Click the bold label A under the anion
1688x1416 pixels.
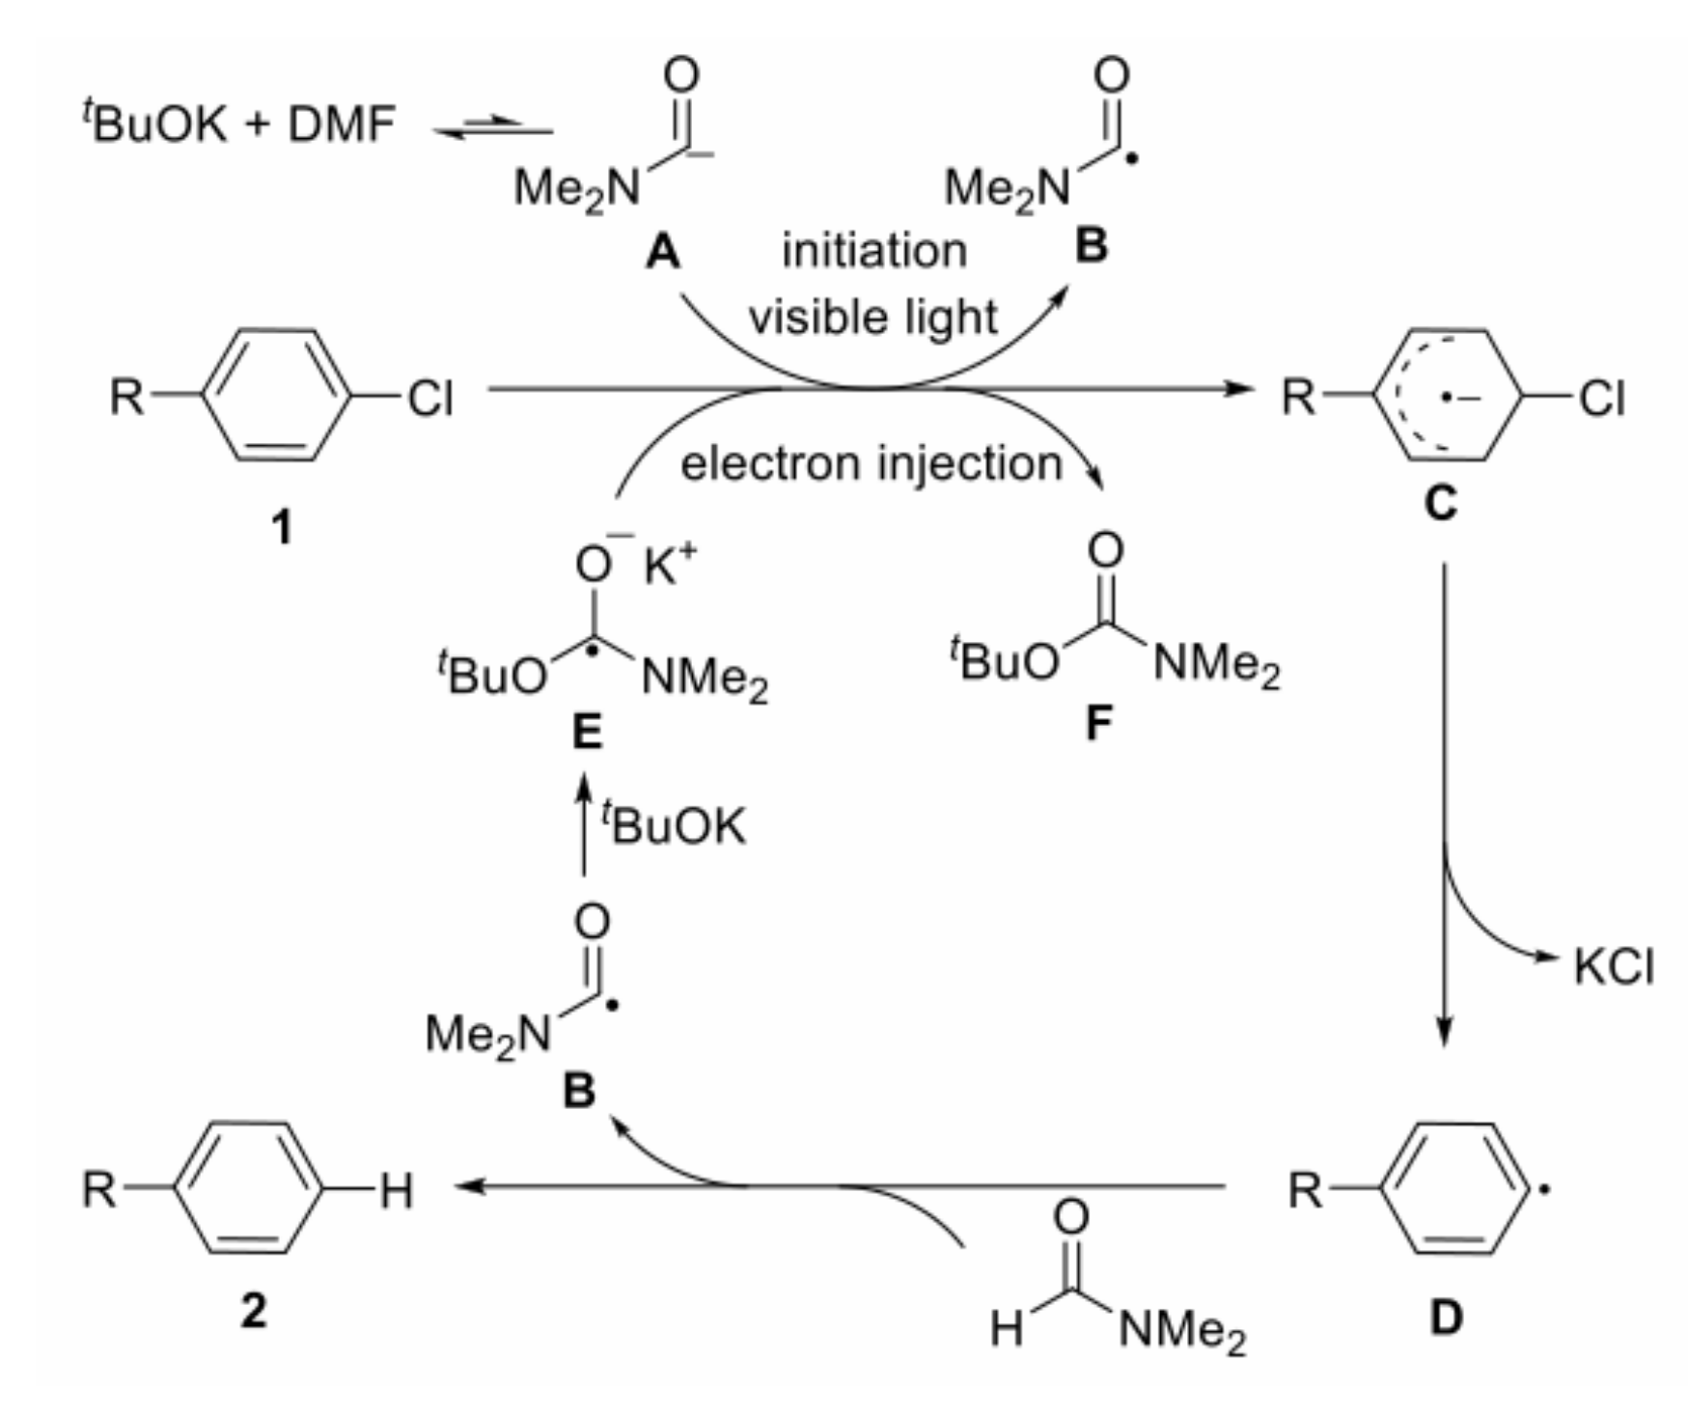pyautogui.click(x=663, y=254)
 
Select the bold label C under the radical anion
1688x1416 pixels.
pyautogui.click(x=1440, y=503)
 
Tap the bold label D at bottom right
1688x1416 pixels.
pyautogui.click(x=1446, y=1317)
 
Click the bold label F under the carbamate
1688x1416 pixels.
pyautogui.click(x=1099, y=722)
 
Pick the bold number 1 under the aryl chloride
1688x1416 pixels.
pyautogui.click(x=281, y=527)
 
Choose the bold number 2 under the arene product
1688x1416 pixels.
pyautogui.click(x=254, y=1311)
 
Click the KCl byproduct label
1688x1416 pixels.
pyautogui.click(x=1613, y=966)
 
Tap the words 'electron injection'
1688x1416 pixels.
pyautogui.click(x=871, y=463)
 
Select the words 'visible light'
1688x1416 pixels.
pyautogui.click(x=872, y=318)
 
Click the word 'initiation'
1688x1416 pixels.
pyautogui.click(x=873, y=251)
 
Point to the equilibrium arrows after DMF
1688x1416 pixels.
pyautogui.click(x=493, y=127)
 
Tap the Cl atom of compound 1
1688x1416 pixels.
pyautogui.click(x=429, y=397)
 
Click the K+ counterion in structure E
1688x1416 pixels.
pyautogui.click(x=669, y=565)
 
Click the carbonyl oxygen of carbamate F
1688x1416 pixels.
pyautogui.click(x=1105, y=550)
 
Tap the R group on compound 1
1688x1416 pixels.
pyautogui.click(x=125, y=396)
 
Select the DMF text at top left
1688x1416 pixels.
pyautogui.click(x=342, y=125)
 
